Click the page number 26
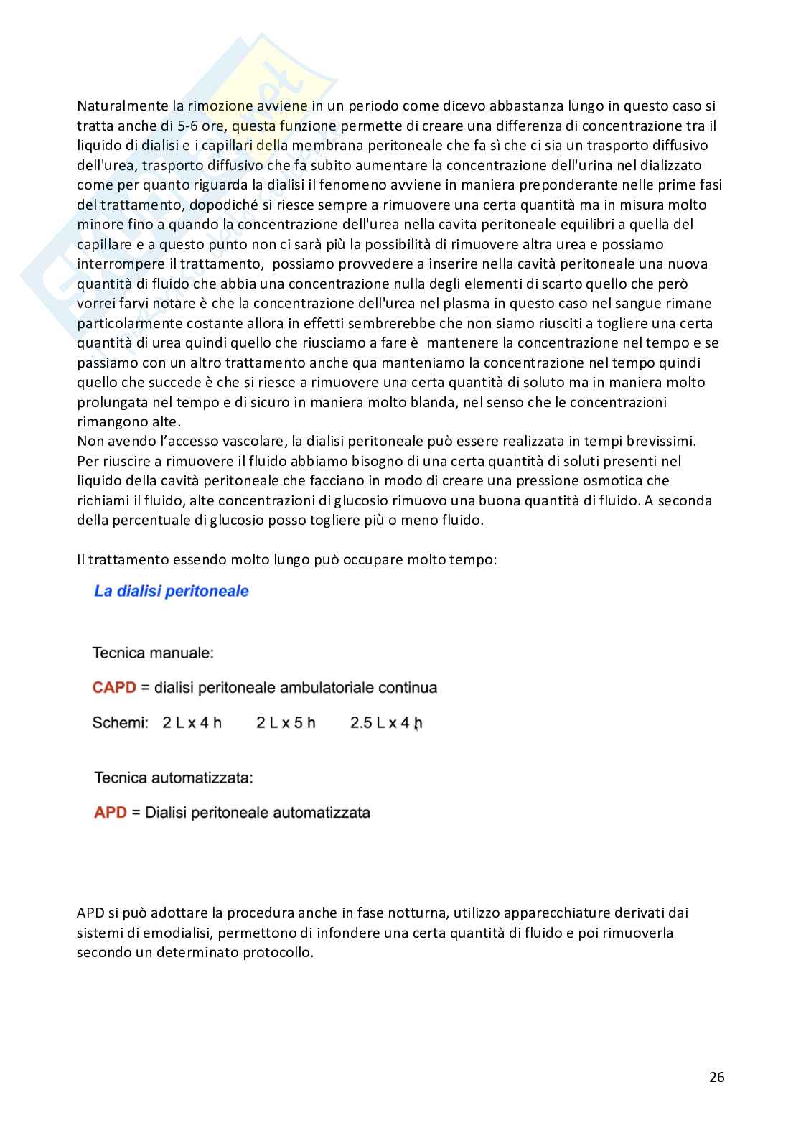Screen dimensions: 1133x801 pos(716,1076)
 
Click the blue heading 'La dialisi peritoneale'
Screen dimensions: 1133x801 pos(171,591)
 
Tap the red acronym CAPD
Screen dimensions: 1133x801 pos(114,687)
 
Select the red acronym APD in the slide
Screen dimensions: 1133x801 pos(111,812)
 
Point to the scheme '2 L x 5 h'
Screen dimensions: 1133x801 pos(286,722)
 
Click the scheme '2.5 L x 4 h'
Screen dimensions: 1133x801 pos(385,722)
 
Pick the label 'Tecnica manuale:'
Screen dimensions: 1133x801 pos(153,653)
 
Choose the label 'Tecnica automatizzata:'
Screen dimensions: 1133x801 pos(173,778)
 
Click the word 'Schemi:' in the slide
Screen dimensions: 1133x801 pos(120,722)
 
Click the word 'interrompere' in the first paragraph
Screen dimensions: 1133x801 pos(119,264)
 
